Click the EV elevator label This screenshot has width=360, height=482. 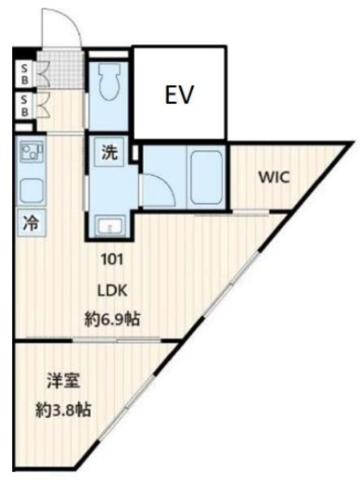coord(179,95)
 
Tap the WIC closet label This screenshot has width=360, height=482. coord(274,178)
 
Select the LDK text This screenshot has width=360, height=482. coord(112,290)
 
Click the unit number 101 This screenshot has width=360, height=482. coord(112,260)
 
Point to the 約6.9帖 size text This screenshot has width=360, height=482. coord(112,319)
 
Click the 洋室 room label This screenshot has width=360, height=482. coord(64,381)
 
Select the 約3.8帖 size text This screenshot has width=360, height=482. coord(63,410)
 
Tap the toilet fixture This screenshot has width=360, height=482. coord(109,82)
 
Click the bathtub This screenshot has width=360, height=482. coord(207,178)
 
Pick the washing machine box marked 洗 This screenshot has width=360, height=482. coord(109,152)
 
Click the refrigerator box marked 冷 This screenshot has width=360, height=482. coord(32,222)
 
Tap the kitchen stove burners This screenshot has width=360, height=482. coord(32,151)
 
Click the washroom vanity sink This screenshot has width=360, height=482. coord(109,226)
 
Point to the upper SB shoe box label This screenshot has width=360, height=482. coord(24,74)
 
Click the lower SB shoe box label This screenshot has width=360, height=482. coord(24,106)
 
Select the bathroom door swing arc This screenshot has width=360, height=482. coord(165,184)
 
